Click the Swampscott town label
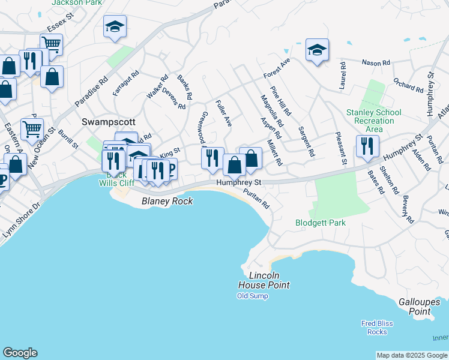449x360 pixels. tap(103, 121)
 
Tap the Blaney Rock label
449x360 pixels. tap(167, 202)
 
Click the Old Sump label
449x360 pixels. tap(252, 296)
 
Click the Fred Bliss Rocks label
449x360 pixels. tap(377, 328)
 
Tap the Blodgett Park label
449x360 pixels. tap(321, 223)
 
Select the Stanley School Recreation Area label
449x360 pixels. tap(370, 121)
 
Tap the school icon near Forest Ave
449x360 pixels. tap(317, 50)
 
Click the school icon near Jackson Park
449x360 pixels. tap(115, 26)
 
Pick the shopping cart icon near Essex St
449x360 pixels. tap(52, 44)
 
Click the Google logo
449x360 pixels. tap(20, 353)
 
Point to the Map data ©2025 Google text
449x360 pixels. tap(412, 355)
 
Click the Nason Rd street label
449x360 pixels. tap(376, 62)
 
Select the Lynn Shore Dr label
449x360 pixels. tap(20, 222)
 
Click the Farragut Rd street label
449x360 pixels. tap(125, 83)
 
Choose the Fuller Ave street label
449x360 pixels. tap(223, 113)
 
